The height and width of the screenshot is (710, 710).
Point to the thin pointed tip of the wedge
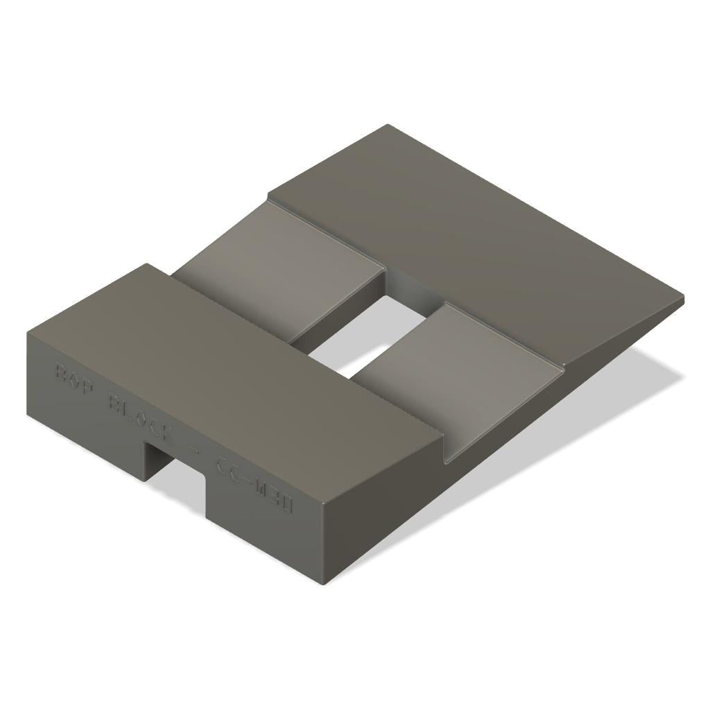pyautogui.click(x=681, y=300)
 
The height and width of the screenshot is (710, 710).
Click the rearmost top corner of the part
pyautogui.click(x=387, y=125)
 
